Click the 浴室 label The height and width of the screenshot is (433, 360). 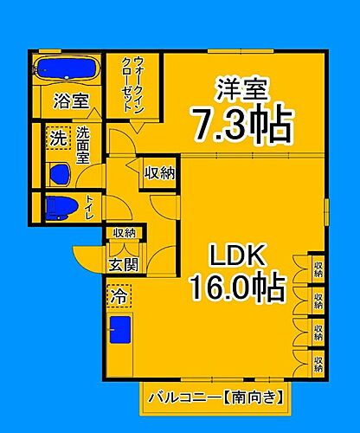point(72,100)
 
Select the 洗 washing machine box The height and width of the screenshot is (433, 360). point(56,137)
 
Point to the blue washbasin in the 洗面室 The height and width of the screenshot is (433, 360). point(59,174)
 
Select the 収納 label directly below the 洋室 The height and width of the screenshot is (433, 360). point(159,172)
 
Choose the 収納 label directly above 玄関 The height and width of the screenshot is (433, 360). point(123,232)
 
